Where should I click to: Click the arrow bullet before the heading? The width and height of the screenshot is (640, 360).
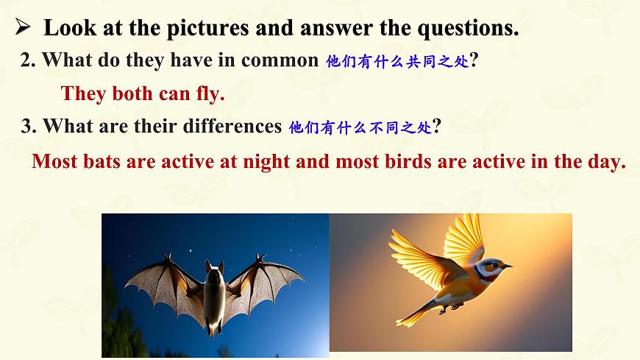click(x=22, y=27)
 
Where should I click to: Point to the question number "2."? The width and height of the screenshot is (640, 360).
click(x=29, y=60)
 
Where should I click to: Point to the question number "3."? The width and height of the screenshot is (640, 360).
click(x=29, y=126)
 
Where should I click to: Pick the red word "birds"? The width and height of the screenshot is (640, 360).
click(x=409, y=161)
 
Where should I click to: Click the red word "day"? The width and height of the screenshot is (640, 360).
click(x=607, y=161)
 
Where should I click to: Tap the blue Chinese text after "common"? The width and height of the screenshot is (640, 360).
click(x=397, y=62)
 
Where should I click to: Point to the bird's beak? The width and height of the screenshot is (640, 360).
click(x=507, y=265)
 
